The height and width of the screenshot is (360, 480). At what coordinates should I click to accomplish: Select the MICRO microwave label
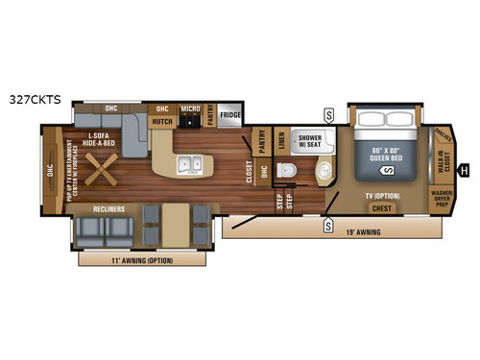189,108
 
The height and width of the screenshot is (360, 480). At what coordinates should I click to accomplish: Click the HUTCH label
163,122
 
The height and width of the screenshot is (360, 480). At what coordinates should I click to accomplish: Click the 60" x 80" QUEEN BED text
383,153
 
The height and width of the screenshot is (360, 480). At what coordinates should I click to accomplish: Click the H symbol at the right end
464,172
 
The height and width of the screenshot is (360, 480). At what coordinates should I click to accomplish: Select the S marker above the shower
329,113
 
